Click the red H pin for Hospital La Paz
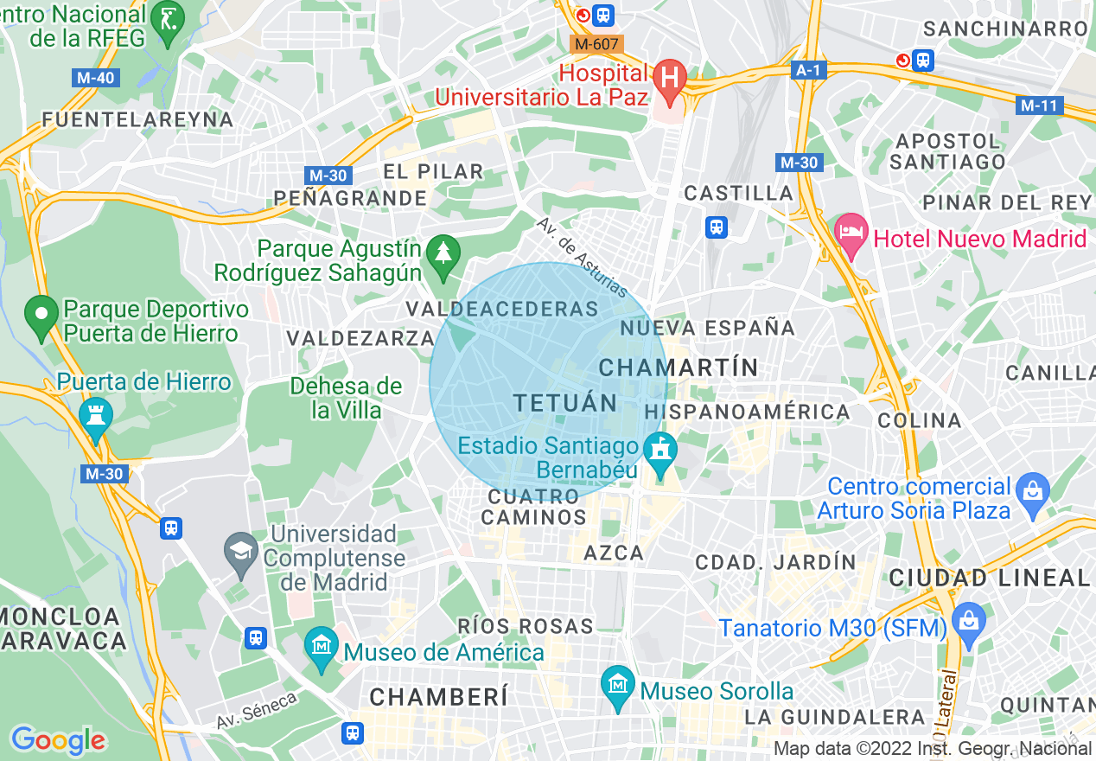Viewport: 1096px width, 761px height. point(669,77)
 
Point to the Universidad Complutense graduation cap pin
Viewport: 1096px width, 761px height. point(240,551)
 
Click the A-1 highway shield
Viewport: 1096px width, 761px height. point(807,70)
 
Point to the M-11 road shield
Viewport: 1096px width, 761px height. point(1039,106)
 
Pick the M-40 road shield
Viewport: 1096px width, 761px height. point(94,78)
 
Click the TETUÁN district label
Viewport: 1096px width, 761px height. point(565,403)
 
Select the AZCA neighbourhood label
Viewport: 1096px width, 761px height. point(614,553)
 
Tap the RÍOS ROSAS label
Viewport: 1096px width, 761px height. point(526,626)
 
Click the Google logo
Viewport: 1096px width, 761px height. point(58,739)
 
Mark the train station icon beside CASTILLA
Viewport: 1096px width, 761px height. point(717,227)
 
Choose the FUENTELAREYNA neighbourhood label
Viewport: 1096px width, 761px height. point(137,119)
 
